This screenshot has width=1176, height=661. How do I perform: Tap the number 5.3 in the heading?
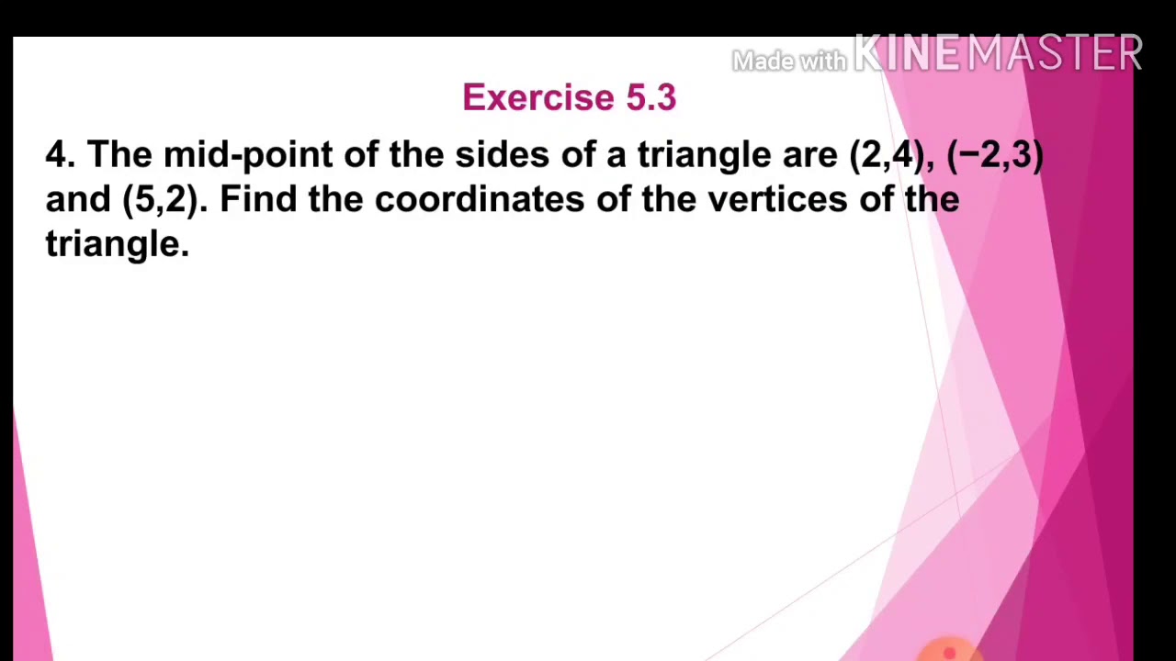pos(650,97)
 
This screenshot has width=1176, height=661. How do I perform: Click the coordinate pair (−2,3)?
pos(995,154)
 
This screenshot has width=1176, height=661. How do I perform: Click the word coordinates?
pos(479,199)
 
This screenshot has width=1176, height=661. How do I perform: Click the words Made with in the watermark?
pos(788,62)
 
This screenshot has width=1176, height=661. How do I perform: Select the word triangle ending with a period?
pos(117,244)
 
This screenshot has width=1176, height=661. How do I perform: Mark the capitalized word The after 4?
pos(119,154)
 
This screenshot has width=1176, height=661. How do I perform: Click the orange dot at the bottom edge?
pos(950,653)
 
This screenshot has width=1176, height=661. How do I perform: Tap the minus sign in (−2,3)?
pos(968,154)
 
